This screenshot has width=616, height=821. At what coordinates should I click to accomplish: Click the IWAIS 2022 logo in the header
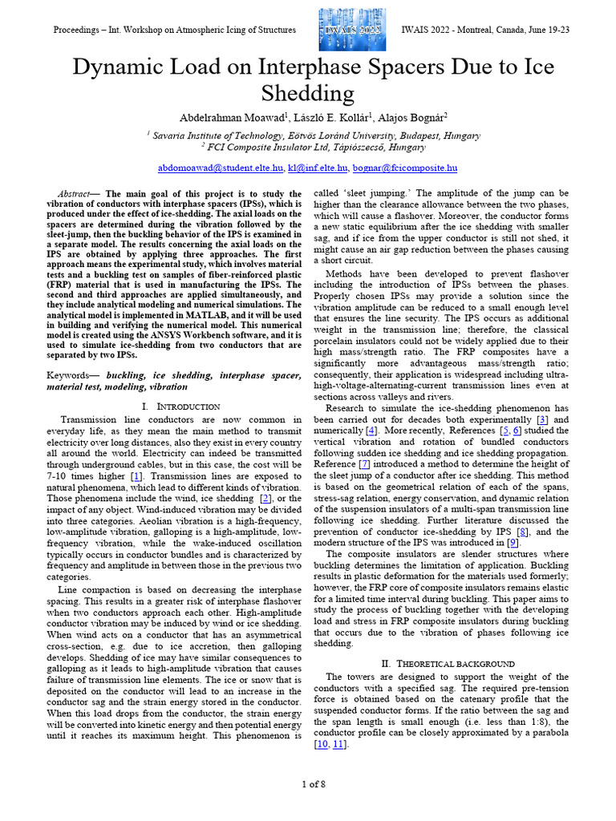[x=351, y=30]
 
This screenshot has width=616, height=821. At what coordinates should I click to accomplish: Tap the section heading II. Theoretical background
[x=440, y=663]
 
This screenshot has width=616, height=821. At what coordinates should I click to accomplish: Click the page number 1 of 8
[x=314, y=783]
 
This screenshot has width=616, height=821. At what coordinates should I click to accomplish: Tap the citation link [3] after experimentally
[x=542, y=419]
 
